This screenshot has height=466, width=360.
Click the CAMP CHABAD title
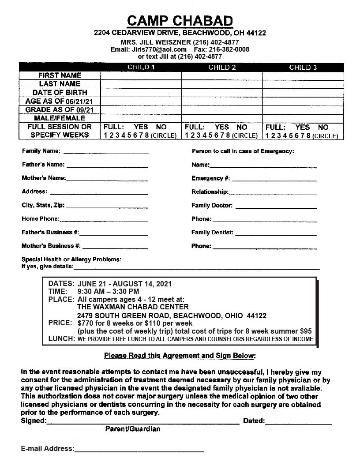[180, 21]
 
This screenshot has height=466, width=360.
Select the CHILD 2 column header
[222, 68]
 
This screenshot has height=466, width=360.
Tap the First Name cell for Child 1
[141, 75]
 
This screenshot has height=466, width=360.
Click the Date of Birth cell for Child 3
[303, 93]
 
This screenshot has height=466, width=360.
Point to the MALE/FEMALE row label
[60, 118]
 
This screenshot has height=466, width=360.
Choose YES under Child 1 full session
[141, 127]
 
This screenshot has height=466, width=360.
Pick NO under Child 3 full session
[323, 127]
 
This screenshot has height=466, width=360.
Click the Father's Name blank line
[107, 165]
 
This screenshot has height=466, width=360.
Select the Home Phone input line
[104, 219]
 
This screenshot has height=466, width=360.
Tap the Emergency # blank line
[274, 179]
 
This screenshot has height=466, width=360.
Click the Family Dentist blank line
[276, 233]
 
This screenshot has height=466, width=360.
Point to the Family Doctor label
[212, 206]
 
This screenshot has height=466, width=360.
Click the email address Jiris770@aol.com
[159, 49]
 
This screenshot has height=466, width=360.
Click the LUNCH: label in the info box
[61, 339]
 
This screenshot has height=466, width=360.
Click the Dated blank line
[298, 422]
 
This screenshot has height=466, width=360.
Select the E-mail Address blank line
[139, 449]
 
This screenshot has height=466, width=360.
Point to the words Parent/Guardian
[132, 429]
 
